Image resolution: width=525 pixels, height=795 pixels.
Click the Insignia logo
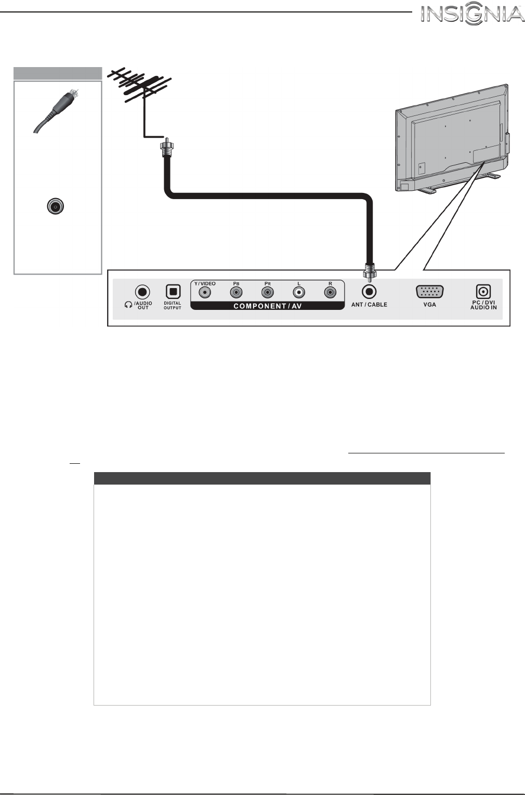[x=472, y=14]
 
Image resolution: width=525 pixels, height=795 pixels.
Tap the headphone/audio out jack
[x=142, y=292]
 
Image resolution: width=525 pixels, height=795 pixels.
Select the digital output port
[x=173, y=292]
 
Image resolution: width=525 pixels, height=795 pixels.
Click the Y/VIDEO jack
[x=206, y=293]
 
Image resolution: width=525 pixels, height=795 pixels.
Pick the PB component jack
[x=236, y=293]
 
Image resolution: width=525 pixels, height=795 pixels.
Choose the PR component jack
[x=267, y=293]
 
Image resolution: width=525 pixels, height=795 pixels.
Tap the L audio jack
[x=298, y=293]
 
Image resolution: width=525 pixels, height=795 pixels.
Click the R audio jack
[x=330, y=293]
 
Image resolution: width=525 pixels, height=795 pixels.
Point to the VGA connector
[x=429, y=292]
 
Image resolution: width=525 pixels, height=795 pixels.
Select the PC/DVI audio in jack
[x=483, y=292]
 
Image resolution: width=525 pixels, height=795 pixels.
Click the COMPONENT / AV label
[x=267, y=306]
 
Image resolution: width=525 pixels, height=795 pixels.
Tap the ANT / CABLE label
[x=369, y=305]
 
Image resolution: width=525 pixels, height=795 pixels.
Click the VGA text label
[x=429, y=305]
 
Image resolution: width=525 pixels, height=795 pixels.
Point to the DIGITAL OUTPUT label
[x=173, y=306]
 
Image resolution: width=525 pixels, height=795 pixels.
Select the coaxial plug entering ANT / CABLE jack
[x=369, y=271]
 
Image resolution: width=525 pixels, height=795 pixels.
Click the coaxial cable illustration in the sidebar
[x=56, y=112]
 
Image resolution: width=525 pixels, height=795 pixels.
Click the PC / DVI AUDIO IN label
[x=483, y=305]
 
